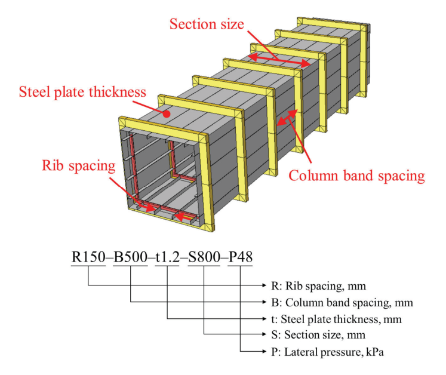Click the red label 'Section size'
(x=208, y=24)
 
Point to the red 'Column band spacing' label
(x=356, y=176)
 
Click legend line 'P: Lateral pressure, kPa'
(x=333, y=352)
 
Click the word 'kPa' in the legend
(x=374, y=352)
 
